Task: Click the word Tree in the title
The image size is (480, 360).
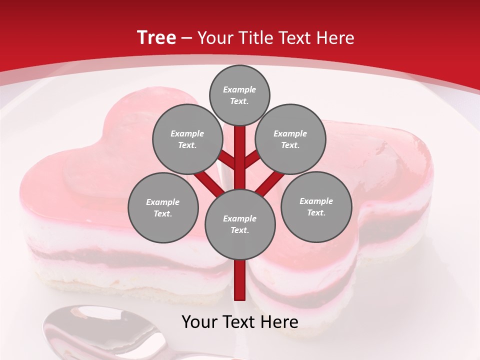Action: pos(156,37)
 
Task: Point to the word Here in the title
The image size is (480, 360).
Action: pos(336,38)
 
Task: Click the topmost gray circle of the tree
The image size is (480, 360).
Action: pos(239,95)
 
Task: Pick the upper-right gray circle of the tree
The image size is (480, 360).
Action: pos(290,139)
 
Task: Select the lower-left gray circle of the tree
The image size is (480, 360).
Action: pos(163,207)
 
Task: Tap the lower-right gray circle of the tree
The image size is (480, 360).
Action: pos(316,206)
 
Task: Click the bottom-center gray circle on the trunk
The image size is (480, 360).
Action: pos(240,224)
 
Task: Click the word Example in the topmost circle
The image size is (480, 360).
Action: pos(239,89)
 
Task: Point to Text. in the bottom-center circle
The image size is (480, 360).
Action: pos(239,230)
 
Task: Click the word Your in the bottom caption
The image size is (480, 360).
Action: pos(200,322)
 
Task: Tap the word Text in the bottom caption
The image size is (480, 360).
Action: pos(242,322)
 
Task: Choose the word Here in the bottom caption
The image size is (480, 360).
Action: pos(281,322)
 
